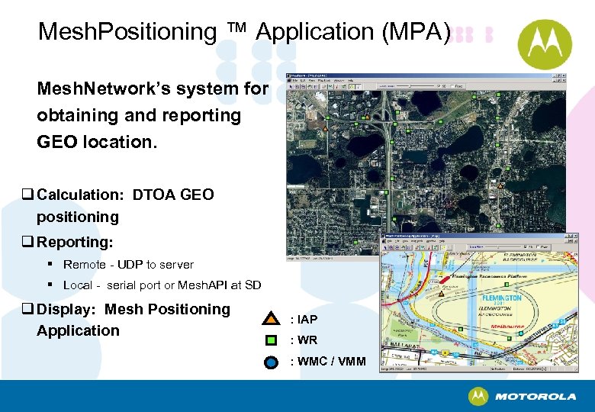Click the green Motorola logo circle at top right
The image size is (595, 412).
click(545, 44)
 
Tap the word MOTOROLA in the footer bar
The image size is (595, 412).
click(535, 397)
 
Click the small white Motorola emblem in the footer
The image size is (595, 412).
click(478, 396)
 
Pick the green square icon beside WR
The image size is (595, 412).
click(271, 340)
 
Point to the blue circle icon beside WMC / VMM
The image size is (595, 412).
click(271, 362)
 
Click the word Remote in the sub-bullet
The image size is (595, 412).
click(85, 265)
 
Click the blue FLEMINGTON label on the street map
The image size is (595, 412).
click(500, 298)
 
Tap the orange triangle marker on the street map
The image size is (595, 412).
click(442, 293)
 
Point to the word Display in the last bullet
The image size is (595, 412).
click(68, 309)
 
